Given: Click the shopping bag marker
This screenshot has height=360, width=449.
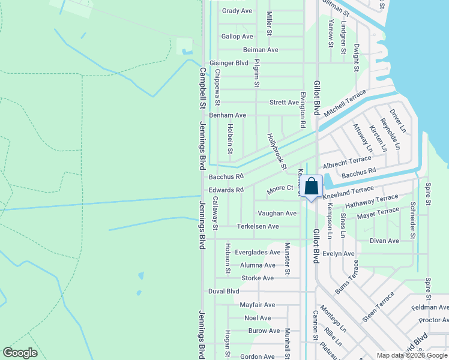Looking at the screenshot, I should pos(312,187).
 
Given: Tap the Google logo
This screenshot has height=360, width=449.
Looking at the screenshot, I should pos(20,353).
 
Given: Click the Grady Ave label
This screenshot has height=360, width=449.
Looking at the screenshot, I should pos(237,11).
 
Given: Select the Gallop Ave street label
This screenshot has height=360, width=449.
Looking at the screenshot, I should pos(237,37).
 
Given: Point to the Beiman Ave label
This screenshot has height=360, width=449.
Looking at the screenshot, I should pos(261,50).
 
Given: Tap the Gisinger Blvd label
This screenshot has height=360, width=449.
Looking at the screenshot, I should pos(229,62).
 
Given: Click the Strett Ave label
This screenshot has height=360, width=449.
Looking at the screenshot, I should pos(284,103).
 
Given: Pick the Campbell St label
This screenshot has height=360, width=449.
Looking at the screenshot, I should pos(202,88).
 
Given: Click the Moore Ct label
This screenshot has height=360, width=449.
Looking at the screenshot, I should pos(280,188).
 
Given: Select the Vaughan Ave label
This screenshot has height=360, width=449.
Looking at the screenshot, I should pos(277,213).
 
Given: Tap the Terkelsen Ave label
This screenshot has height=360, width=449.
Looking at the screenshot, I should pos(258,226).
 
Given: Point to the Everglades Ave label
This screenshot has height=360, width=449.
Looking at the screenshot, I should pos(258,253).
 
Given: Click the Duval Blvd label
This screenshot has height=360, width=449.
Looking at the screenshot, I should pos(223,291).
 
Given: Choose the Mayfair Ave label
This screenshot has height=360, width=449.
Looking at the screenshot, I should pos(257,305).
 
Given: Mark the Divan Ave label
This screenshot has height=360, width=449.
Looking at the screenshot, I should pos(384,241).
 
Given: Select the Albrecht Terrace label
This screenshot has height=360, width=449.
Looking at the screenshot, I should pos(347,161).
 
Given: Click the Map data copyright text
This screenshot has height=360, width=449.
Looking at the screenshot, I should pos(411,355).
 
